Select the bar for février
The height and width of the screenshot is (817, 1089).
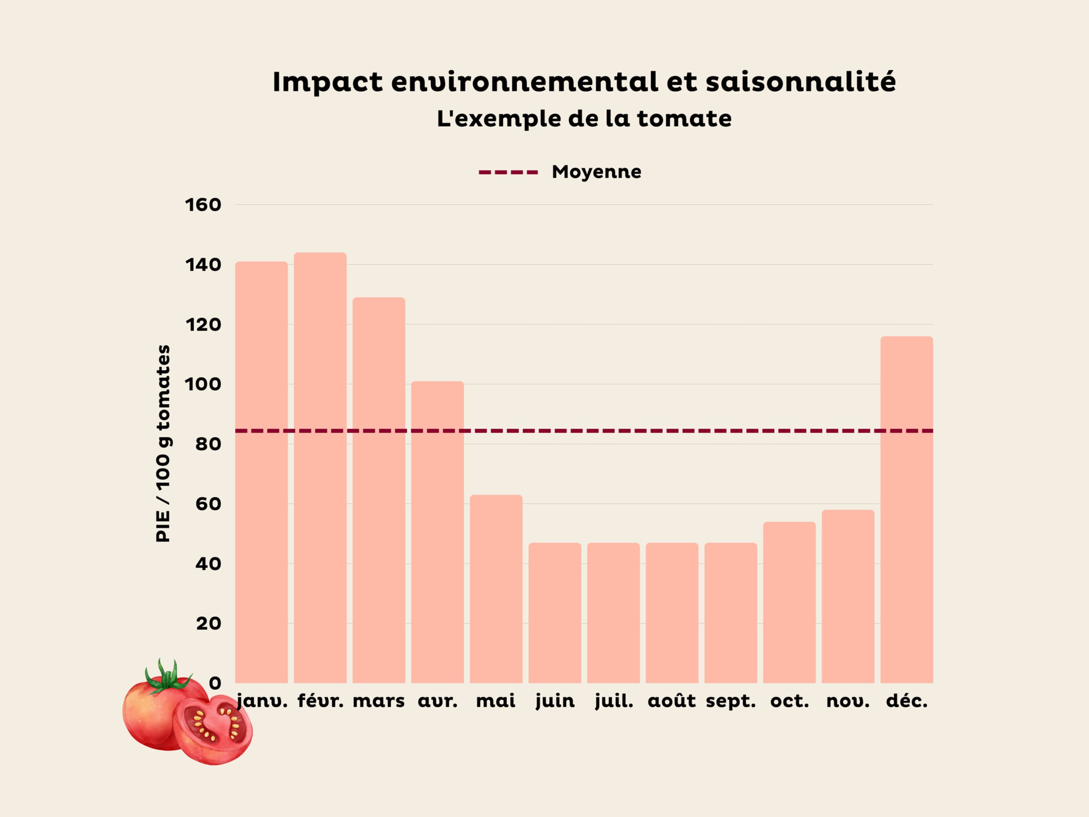(320, 467)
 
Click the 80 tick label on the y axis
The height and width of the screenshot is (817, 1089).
(208, 444)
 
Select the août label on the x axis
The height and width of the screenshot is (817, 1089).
(672, 701)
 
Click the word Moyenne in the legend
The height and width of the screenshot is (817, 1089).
(596, 172)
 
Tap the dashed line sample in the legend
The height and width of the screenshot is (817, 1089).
(508, 172)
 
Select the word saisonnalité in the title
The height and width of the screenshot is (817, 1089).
(800, 82)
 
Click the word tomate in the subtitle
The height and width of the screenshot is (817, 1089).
(684, 119)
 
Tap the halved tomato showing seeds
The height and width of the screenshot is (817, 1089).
(213, 729)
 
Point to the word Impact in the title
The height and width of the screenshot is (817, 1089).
(327, 82)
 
